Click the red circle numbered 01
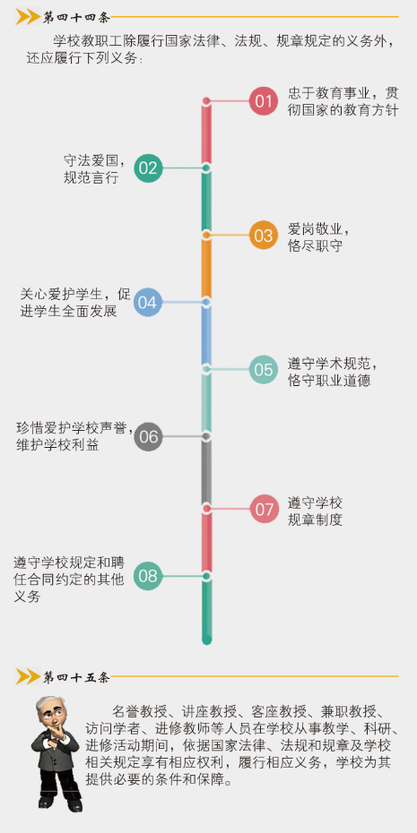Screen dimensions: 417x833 click(x=264, y=101)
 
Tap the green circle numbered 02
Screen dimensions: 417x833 click(x=148, y=167)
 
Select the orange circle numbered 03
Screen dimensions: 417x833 click(x=264, y=235)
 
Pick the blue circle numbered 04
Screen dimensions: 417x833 click(x=147, y=302)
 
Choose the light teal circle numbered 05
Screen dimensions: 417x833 click(x=264, y=369)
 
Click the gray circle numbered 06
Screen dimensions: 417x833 click(x=148, y=436)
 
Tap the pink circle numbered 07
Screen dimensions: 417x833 click(x=264, y=509)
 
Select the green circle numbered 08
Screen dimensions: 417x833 click(x=148, y=576)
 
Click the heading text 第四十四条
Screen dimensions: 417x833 click(x=76, y=18)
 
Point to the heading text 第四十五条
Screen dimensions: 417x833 click(x=76, y=677)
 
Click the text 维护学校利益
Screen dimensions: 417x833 click(x=57, y=445)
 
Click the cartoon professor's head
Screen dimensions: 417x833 click(x=49, y=713)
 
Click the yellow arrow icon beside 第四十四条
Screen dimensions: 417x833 click(x=28, y=18)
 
